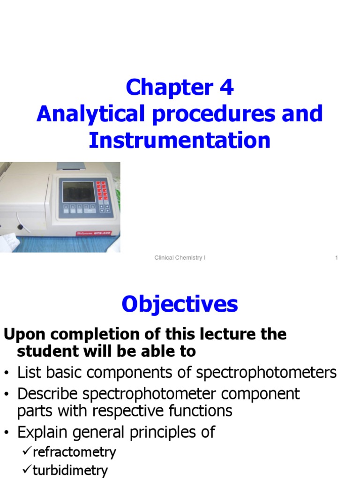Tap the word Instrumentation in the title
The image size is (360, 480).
click(x=180, y=140)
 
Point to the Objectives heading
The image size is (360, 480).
click(x=180, y=305)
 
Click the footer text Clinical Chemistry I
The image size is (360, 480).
click(x=180, y=258)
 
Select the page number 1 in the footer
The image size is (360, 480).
click(x=337, y=258)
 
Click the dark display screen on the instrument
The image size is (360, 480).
click(x=78, y=191)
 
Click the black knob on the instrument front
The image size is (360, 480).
click(x=20, y=227)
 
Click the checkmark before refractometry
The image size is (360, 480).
click(x=27, y=452)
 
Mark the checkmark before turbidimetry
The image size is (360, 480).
click(x=27, y=470)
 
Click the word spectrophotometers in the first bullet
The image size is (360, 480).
click(x=266, y=373)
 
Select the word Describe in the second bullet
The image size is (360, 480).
click(x=49, y=394)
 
